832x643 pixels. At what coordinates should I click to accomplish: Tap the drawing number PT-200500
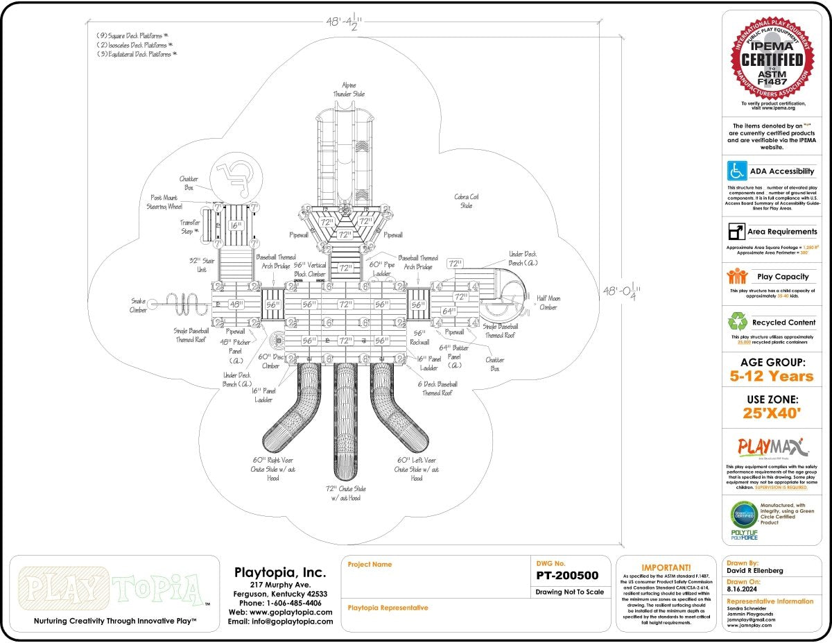pyautogui.click(x=566, y=576)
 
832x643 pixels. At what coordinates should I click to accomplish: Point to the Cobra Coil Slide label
pyautogui.click(x=466, y=201)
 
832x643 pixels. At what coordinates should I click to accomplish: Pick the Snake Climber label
pyautogui.click(x=138, y=305)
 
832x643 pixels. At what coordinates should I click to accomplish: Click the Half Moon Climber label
pyautogui.click(x=547, y=302)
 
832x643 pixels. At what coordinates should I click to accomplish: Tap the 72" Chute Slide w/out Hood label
pyautogui.click(x=345, y=493)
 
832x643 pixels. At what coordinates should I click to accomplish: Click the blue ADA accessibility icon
pyautogui.click(x=736, y=171)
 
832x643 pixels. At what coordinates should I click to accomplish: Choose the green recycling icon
pyautogui.click(x=736, y=322)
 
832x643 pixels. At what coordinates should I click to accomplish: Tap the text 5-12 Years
pyautogui.click(x=771, y=377)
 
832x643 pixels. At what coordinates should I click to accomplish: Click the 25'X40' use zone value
pyautogui.click(x=771, y=415)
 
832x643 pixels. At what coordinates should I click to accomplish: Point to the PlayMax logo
pyautogui.click(x=770, y=446)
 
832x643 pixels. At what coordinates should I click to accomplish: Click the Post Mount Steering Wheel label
pyautogui.click(x=164, y=202)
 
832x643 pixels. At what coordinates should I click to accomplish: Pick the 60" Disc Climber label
pyautogui.click(x=268, y=361)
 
